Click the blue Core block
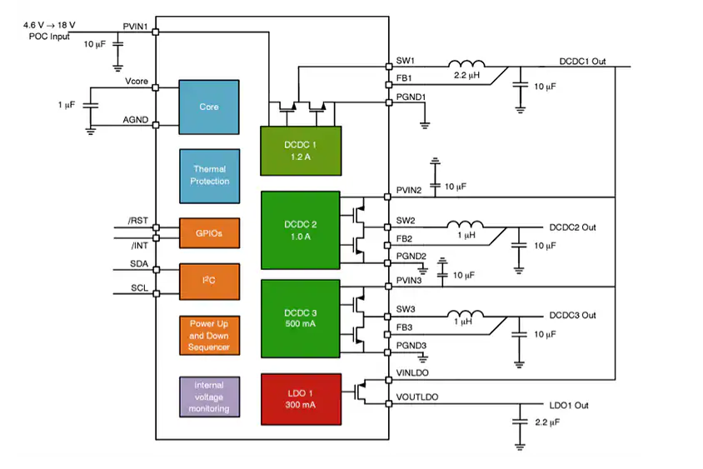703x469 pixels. [209, 107]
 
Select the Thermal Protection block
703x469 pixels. [209, 175]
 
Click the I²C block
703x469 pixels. [209, 282]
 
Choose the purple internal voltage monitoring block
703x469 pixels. [209, 397]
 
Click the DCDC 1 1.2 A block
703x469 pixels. [301, 151]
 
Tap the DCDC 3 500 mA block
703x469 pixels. [301, 320]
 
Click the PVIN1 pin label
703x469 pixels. [135, 27]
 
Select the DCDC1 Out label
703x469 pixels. [581, 62]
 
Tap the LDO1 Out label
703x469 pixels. [569, 405]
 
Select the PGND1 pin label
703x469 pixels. [411, 97]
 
